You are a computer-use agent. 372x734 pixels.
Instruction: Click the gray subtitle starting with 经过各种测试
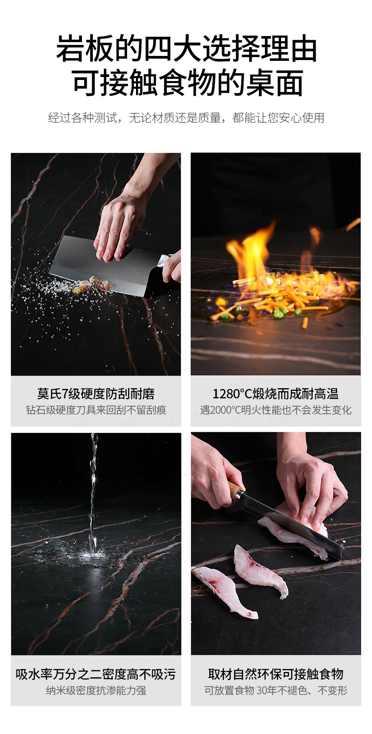point(186,118)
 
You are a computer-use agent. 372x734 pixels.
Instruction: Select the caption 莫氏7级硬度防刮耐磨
point(96,394)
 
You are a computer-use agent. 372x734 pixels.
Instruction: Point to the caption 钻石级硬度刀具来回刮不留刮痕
point(96,410)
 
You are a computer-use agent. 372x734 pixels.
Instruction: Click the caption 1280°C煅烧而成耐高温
point(275,394)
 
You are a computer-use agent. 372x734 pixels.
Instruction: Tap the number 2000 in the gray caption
point(222,410)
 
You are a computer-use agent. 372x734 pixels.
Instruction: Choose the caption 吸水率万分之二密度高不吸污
point(96,675)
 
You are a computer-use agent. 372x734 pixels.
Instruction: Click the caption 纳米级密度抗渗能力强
point(96,690)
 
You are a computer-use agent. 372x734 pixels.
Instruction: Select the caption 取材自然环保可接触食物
point(275,675)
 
